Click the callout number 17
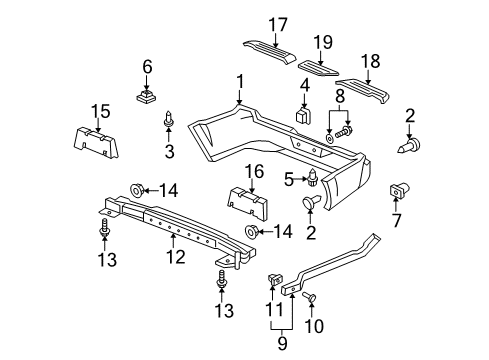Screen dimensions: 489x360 [278, 25]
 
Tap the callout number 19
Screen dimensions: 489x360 [323, 42]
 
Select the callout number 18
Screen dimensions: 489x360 [370, 61]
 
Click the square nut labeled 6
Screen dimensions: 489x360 [147, 96]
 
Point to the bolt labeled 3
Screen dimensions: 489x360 [169, 119]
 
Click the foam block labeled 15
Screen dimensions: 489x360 [95, 143]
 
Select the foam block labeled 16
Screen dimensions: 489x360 [248, 204]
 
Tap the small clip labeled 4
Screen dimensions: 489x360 [303, 115]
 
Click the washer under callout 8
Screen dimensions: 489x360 [329, 138]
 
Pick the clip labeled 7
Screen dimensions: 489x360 [400, 190]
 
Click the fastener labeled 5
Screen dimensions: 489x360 [312, 179]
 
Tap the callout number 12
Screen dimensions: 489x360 [176, 257]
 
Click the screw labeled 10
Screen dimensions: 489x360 [310, 296]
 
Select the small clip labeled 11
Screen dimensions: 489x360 [275, 278]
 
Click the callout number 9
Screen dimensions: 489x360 [282, 343]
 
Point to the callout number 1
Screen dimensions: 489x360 [240, 82]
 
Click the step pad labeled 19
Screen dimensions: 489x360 [318, 68]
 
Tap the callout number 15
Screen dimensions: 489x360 [101, 111]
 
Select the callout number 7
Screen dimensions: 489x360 [396, 220]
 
